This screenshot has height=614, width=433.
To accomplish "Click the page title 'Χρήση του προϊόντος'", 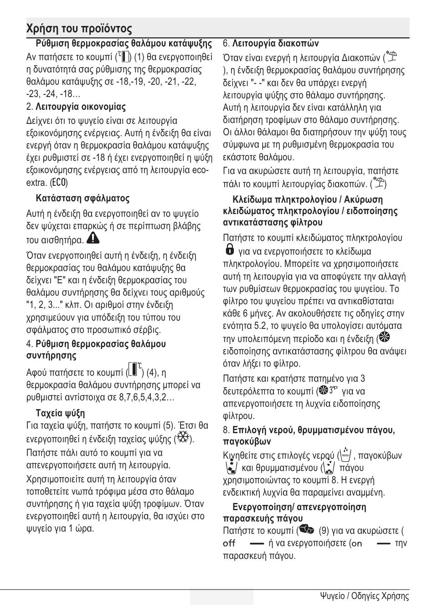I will [x=79, y=29].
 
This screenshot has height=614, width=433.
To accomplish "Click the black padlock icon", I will [x=230, y=249].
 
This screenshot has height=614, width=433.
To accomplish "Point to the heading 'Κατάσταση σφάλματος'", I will [x=82, y=198].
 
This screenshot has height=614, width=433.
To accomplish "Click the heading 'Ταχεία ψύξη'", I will [x=60, y=413].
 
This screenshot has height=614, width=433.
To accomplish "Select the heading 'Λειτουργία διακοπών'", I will [x=275, y=44].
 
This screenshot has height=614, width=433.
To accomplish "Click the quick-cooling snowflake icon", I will [x=183, y=438].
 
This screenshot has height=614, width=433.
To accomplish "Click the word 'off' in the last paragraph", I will [x=229, y=543].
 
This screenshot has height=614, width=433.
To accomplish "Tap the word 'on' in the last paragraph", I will [x=357, y=543].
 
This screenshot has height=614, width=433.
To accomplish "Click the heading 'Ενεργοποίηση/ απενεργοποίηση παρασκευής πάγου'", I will [x=294, y=512].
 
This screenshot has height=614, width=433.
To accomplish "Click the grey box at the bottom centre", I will [x=222, y=596].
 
